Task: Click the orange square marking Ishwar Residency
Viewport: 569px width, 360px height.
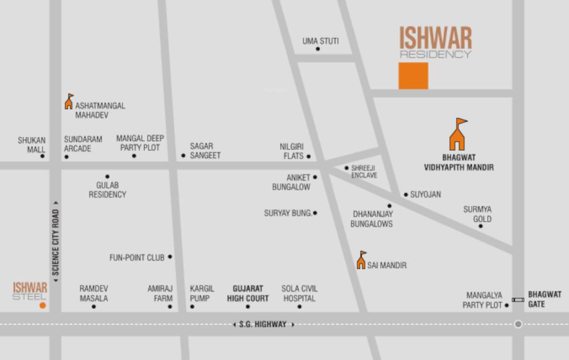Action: tap(413, 76)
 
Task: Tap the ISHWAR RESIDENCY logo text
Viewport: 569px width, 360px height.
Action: tap(435, 42)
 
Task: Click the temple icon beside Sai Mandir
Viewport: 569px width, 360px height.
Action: tap(361, 260)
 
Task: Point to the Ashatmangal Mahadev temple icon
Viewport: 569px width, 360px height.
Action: tap(69, 101)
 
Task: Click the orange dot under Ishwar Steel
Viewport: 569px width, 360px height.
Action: tap(43, 306)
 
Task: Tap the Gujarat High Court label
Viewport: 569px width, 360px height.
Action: tap(248, 293)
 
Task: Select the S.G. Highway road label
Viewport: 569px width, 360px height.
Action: tap(263, 324)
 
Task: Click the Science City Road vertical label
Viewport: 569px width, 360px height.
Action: tap(56, 242)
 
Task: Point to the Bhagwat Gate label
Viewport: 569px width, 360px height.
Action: tap(545, 299)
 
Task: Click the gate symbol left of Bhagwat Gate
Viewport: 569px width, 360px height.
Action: tap(518, 300)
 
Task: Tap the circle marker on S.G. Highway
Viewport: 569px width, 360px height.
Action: tap(518, 324)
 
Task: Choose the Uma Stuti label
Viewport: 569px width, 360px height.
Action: tap(320, 41)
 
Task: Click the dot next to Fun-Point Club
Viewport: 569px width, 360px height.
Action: tap(170, 257)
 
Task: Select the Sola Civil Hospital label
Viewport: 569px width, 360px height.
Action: tap(299, 293)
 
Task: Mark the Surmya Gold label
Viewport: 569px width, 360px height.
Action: tap(478, 214)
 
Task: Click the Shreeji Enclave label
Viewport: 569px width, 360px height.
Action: tap(364, 172)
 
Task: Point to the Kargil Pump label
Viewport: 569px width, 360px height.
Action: tap(202, 293)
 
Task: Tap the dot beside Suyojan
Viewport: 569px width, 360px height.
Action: tap(406, 195)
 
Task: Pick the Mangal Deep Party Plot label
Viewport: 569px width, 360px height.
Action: tap(140, 143)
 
